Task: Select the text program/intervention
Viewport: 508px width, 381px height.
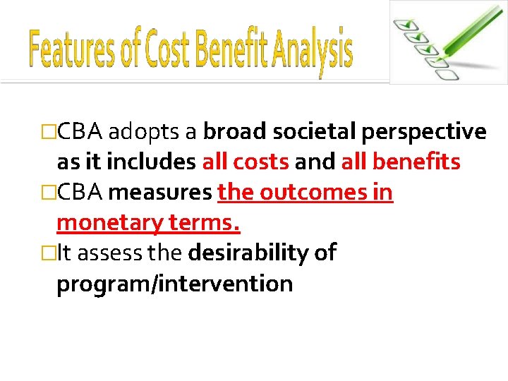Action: point(174,284)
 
